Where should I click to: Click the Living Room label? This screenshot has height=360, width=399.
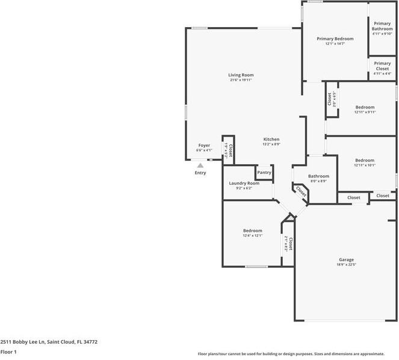(240, 75)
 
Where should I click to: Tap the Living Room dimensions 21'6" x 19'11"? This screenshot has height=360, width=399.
(240, 80)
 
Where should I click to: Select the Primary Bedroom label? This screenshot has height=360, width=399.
(335, 39)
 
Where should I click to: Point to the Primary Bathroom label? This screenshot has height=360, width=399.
(382, 26)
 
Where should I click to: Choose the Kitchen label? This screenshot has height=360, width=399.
(271, 139)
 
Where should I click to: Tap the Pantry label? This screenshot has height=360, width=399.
(264, 173)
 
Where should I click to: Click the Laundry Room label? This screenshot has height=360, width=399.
(244, 183)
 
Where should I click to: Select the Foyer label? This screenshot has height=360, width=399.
(204, 146)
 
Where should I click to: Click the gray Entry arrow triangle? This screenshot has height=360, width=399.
(200, 166)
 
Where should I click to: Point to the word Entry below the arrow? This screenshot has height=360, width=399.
(200, 173)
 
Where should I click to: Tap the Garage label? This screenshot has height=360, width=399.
(346, 259)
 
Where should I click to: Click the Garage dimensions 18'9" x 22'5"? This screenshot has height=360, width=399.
(346, 264)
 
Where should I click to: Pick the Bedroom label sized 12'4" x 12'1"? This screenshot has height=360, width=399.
(253, 231)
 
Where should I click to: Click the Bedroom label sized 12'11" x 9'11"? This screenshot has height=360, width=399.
(365, 107)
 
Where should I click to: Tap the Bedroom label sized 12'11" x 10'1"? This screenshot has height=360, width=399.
(365, 160)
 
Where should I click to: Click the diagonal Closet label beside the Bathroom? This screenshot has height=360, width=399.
(300, 191)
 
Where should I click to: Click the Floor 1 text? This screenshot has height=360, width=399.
(8, 352)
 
